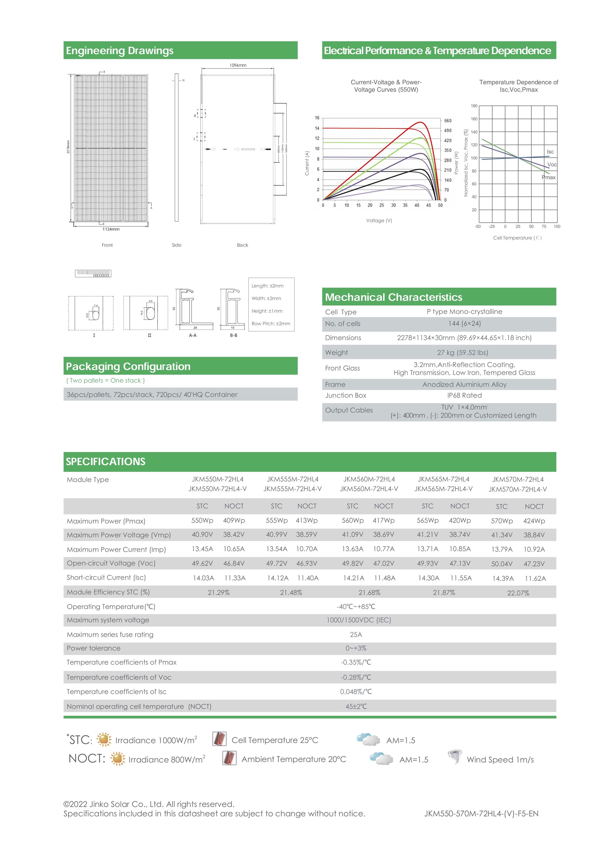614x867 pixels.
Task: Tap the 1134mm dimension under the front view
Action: [111, 229]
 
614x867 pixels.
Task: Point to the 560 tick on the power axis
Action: [448, 121]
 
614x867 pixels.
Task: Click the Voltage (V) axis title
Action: [379, 220]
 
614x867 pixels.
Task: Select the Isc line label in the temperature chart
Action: [550, 152]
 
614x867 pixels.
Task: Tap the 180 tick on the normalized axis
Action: [474, 106]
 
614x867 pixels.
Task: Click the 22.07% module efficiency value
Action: [518, 593]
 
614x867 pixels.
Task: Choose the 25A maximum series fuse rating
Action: [356, 635]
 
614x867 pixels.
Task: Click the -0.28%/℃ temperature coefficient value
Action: [356, 677]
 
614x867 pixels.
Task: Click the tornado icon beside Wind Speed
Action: [454, 757]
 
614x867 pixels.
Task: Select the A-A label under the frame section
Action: [193, 335]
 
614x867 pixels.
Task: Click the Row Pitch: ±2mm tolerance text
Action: [271, 324]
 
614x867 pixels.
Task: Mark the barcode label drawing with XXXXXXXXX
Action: [93, 273]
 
